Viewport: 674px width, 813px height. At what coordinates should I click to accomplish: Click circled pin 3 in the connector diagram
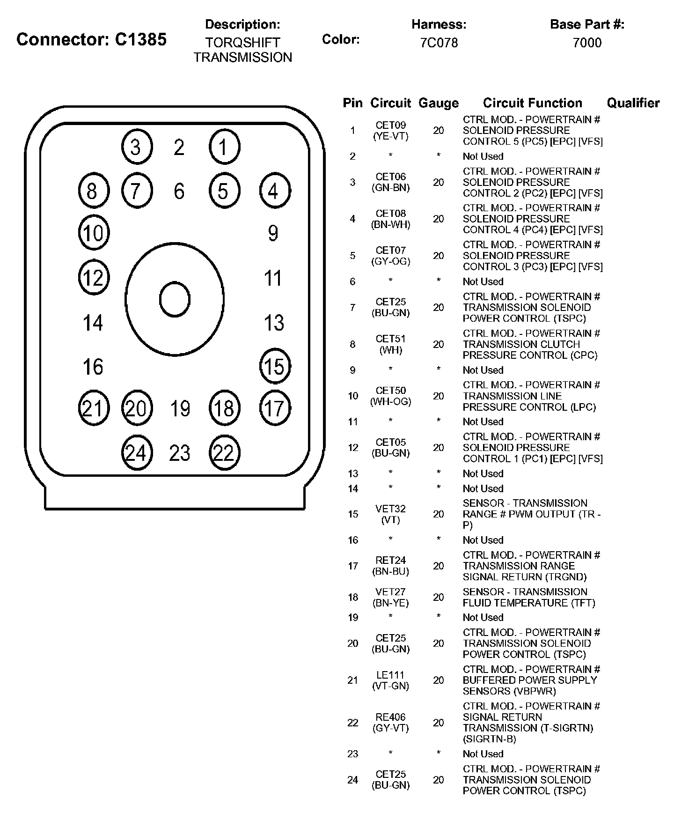tap(137, 147)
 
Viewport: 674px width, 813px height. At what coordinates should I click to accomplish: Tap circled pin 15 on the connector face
tap(275, 366)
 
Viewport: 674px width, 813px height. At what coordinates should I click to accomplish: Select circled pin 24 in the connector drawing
tap(137, 453)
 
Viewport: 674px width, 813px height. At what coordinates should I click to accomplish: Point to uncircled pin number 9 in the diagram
tap(273, 233)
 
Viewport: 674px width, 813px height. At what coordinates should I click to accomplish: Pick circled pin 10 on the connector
tap(94, 232)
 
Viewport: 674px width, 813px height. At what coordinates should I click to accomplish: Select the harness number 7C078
tap(439, 43)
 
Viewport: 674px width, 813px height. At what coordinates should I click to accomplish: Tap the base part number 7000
tap(587, 43)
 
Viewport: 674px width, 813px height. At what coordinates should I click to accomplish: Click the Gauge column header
tap(439, 103)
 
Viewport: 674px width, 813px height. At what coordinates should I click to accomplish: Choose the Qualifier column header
tap(633, 103)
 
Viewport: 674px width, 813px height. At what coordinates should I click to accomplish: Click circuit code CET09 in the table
tap(391, 125)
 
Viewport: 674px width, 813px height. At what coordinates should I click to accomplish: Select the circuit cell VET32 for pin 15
tap(391, 509)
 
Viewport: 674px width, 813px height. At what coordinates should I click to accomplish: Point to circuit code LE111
tap(391, 675)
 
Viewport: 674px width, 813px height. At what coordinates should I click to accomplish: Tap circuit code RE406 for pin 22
tap(391, 717)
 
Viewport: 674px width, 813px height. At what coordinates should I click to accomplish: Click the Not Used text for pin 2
tap(483, 156)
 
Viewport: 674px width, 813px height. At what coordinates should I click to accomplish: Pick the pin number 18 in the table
tap(353, 597)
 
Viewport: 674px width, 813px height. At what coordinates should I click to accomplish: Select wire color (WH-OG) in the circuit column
tap(391, 402)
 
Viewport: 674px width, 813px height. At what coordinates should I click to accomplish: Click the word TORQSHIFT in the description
tap(242, 43)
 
